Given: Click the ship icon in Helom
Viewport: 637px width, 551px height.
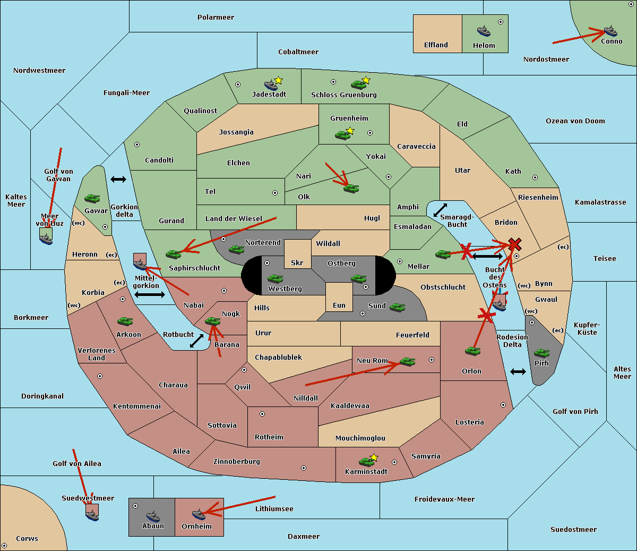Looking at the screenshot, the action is pyautogui.click(x=484, y=31).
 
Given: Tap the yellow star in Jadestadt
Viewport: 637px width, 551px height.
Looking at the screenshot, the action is pyautogui.click(x=278, y=81).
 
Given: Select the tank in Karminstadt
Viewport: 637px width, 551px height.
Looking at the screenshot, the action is pyautogui.click(x=366, y=462).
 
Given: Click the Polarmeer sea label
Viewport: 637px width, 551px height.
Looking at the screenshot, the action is pyautogui.click(x=216, y=18).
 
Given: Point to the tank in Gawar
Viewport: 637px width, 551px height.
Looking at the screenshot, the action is pyautogui.click(x=92, y=199).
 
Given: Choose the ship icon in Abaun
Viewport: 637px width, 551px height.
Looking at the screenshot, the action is pyautogui.click(x=153, y=516).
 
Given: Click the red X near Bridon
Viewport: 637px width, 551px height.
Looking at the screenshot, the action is pyautogui.click(x=515, y=244).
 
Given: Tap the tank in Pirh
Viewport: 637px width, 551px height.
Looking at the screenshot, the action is pyautogui.click(x=541, y=353).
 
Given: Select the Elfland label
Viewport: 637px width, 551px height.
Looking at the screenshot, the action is pyautogui.click(x=436, y=45).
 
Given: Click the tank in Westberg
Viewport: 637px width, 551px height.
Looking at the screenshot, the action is pyautogui.click(x=275, y=279).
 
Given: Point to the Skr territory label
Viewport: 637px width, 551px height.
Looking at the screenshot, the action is pyautogui.click(x=297, y=262).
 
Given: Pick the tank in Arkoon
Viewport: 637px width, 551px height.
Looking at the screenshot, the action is pyautogui.click(x=125, y=321).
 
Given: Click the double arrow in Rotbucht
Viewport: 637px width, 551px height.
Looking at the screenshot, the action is pyautogui.click(x=196, y=341).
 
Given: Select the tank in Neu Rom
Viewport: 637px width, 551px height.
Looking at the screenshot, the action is pyautogui.click(x=407, y=362).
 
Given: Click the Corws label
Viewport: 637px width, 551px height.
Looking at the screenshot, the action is pyautogui.click(x=27, y=538).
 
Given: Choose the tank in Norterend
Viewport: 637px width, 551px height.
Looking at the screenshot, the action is pyautogui.click(x=236, y=250).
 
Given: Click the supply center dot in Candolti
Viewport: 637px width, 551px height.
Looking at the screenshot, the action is pyautogui.click(x=137, y=145).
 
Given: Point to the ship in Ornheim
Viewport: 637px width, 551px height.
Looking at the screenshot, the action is pyautogui.click(x=199, y=514).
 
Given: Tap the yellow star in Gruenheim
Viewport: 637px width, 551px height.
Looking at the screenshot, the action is pyautogui.click(x=350, y=131).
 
